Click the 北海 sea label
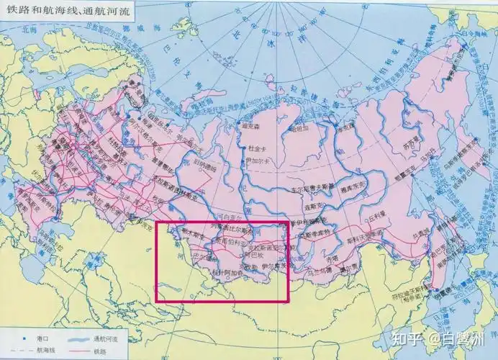(29, 30)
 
